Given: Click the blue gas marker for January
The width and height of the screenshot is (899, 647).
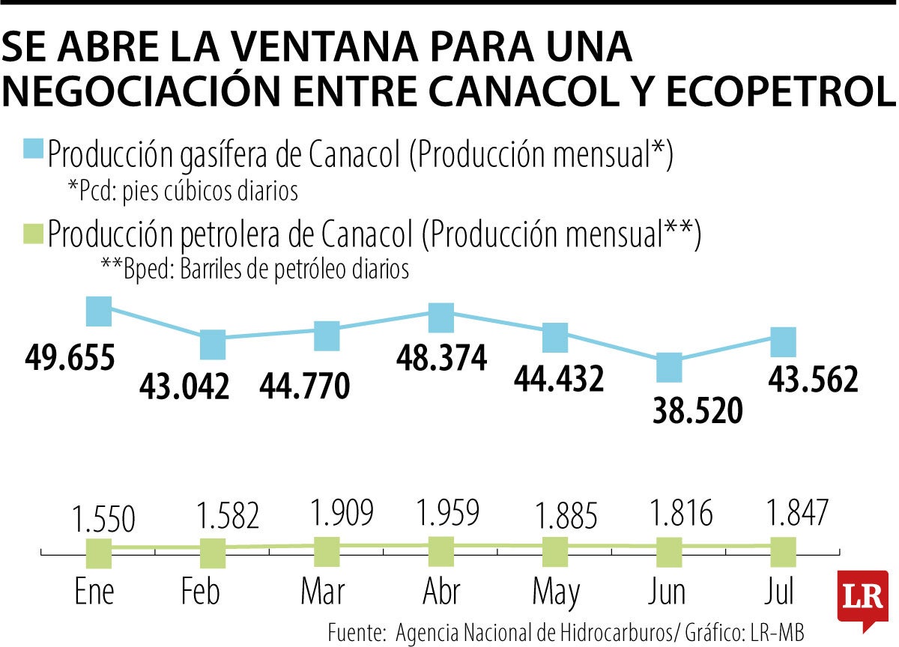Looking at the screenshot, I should point(99,311).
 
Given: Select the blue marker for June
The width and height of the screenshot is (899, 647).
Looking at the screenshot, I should point(669,368).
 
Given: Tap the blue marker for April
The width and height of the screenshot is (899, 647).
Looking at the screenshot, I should point(441,318).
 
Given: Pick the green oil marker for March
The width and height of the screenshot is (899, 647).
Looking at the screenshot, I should point(327,552).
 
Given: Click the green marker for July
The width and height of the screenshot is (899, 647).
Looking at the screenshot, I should point(783,553).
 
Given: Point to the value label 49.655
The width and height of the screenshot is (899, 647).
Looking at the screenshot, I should point(70,358).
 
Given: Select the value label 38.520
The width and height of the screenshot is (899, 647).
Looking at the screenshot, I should point(697,411).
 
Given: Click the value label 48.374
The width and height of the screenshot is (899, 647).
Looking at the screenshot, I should point(442,359).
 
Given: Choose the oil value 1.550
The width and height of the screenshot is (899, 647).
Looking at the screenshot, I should point(104,519).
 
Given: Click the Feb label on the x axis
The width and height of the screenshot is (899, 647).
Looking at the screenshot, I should point(201,592).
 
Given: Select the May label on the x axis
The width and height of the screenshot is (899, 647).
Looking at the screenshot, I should point(556,592).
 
